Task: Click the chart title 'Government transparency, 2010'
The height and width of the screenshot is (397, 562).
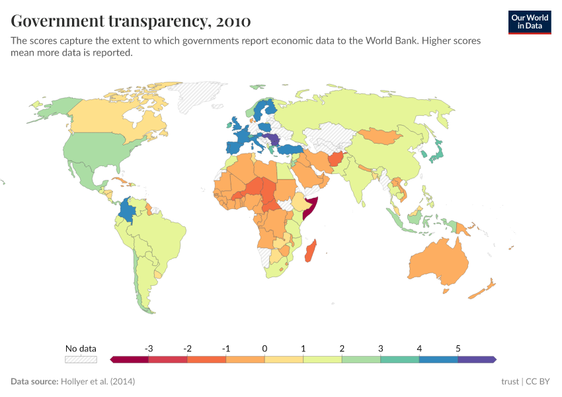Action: (130, 21)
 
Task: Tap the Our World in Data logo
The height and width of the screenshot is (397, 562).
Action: (529, 22)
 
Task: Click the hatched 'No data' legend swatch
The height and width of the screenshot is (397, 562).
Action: (81, 359)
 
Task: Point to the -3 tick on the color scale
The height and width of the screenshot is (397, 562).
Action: (149, 348)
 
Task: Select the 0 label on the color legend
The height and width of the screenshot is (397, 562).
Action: (264, 348)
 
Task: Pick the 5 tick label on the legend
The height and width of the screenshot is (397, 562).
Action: (458, 348)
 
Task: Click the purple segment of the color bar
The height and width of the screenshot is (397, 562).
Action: (476, 359)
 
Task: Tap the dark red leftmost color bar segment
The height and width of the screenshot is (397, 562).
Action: (130, 359)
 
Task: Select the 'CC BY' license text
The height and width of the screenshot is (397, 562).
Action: (538, 382)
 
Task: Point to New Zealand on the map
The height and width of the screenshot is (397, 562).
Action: (487, 286)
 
